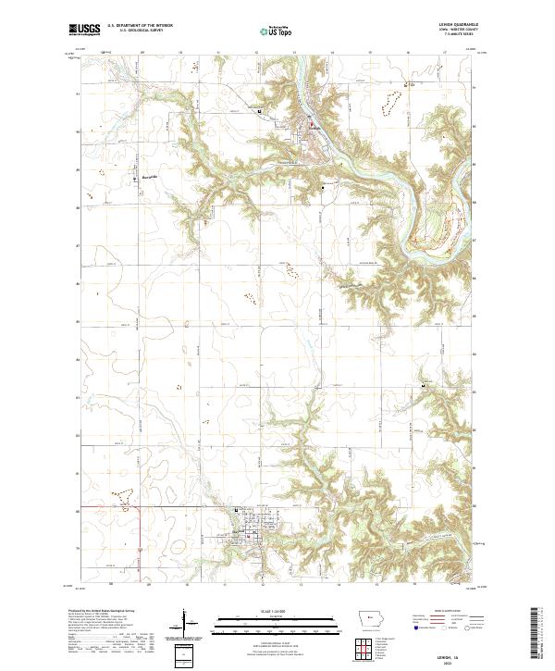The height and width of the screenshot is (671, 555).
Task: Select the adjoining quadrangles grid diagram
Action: pyautogui.click(x=366, y=648)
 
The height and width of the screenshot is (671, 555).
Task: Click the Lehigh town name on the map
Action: pyautogui.click(x=317, y=126)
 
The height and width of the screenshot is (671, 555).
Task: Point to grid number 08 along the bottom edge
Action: pyautogui.click(x=110, y=585)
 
